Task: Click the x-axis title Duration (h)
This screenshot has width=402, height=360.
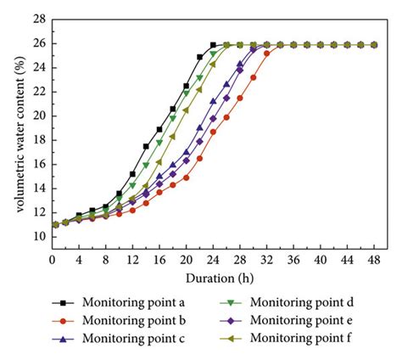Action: (x=215, y=278)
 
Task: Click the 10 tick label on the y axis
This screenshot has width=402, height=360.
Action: (x=38, y=237)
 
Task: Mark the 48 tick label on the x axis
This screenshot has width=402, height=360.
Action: (x=374, y=260)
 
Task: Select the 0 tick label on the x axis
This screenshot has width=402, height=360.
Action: (x=53, y=260)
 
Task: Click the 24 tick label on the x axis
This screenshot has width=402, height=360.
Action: (x=213, y=260)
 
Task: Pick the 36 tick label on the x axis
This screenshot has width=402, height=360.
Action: (x=293, y=260)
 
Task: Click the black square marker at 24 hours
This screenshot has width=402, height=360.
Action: (x=214, y=45)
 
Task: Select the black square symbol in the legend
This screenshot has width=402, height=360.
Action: (x=59, y=303)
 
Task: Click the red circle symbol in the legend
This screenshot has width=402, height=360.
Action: (x=59, y=321)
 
